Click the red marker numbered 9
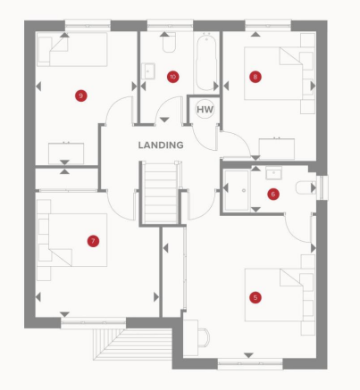coord(81,95)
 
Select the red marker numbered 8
coord(255,77)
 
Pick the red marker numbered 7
coord(93,240)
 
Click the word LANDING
coord(161,145)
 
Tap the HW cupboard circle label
coord(205,109)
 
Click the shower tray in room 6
coord(237,188)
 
